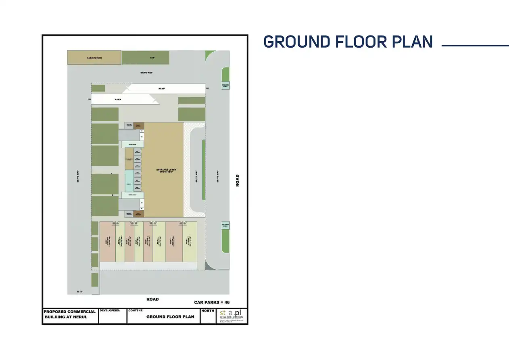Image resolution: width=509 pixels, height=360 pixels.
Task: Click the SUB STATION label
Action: coord(94,58)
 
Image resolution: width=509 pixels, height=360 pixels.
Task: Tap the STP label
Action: coord(152,58)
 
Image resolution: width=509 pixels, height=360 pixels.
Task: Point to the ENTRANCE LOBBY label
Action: coord(166,171)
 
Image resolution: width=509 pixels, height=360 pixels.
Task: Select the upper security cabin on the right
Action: coord(225,86)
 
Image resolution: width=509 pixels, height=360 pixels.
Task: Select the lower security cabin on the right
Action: coord(225,226)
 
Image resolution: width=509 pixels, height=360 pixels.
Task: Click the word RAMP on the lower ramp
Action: coord(118,99)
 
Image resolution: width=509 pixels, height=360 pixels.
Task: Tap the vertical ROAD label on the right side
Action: coord(238,180)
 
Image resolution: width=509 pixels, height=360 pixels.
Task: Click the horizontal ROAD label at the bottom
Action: coord(152,299)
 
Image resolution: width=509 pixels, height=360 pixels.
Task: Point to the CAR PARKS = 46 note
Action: coord(212,302)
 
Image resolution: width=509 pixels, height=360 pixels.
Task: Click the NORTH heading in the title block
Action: coord(208,311)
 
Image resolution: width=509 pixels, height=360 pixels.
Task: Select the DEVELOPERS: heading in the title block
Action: coord(110,311)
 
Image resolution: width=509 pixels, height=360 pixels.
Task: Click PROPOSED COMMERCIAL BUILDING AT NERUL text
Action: coord(70,314)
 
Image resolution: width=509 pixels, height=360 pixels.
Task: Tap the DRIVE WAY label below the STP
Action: coord(146,73)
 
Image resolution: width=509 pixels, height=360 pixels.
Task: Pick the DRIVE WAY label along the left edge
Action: coord(78,176)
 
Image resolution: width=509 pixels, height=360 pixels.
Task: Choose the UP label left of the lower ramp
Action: coord(89,99)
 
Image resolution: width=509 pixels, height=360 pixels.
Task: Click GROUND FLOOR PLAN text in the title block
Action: coord(170,317)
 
